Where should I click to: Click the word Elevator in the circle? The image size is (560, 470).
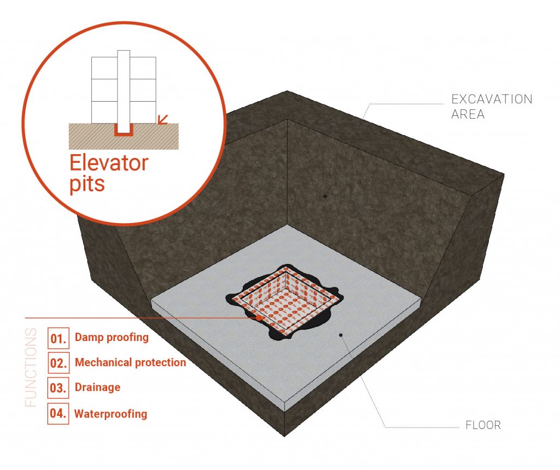pyautogui.click(x=109, y=163)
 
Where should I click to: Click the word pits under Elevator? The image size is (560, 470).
pyautogui.click(x=87, y=184)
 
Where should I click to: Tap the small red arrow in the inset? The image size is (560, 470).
pyautogui.click(x=163, y=119)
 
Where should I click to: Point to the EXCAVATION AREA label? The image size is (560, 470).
pyautogui.click(x=492, y=107)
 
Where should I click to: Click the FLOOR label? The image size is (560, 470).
pyautogui.click(x=483, y=425)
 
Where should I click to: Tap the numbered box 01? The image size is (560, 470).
pyautogui.click(x=58, y=338)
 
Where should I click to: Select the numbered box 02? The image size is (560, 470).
pyautogui.click(x=58, y=363)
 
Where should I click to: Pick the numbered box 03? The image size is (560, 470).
pyautogui.click(x=58, y=388)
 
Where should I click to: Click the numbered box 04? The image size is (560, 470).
pyautogui.click(x=58, y=413)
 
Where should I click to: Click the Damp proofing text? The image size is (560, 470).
pyautogui.click(x=112, y=338)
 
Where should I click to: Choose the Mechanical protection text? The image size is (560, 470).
pyautogui.click(x=130, y=362)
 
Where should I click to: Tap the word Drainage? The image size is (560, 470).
pyautogui.click(x=97, y=387)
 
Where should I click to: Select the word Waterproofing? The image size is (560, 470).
pyautogui.click(x=110, y=414)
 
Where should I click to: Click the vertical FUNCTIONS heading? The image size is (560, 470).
pyautogui.click(x=31, y=367)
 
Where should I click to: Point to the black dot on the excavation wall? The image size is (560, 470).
pyautogui.click(x=325, y=196)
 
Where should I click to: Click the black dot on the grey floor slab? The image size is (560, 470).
pyautogui.click(x=341, y=335)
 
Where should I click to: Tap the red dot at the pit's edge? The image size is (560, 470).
pyautogui.click(x=259, y=318)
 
